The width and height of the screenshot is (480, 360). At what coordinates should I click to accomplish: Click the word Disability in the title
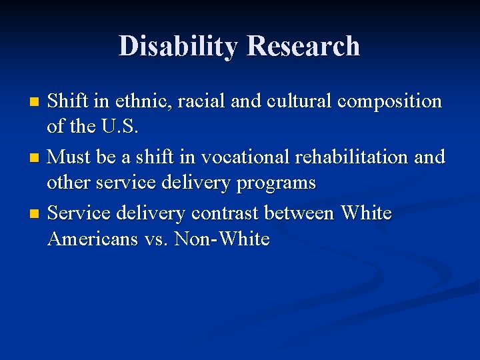coord(178,46)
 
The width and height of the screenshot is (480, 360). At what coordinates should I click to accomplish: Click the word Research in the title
coord(303,46)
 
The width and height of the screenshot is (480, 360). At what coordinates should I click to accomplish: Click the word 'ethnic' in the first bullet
coord(136,101)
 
